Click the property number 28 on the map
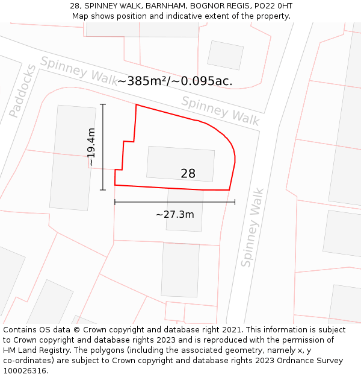[x=188, y=174]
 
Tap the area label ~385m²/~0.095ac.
[x=174, y=81]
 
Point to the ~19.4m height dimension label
[x=91, y=147]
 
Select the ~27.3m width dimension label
[x=174, y=214]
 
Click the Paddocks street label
[x=22, y=90]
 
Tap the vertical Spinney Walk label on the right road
[x=253, y=227]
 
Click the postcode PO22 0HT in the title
[x=273, y=5]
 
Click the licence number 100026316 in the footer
[x=25, y=370]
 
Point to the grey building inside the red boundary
[x=180, y=163]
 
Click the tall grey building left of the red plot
[x=72, y=157]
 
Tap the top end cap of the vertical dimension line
[x=103, y=105]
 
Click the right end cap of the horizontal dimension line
[x=235, y=202]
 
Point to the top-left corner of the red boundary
[x=137, y=105]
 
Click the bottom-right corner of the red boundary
[x=229, y=190]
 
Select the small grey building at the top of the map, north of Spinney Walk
[x=225, y=55]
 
